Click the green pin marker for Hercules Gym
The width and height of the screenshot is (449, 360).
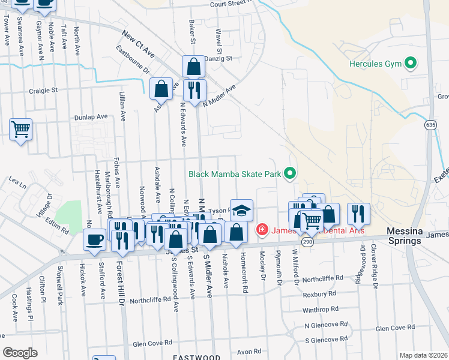(x=411, y=63)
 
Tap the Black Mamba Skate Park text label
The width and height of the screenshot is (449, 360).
(x=235, y=174)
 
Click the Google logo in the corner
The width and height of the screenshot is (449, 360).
(x=20, y=352)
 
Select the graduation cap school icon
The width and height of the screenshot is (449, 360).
(x=241, y=210)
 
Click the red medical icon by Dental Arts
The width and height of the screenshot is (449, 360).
(x=262, y=229)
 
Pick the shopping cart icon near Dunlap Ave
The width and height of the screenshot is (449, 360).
(x=20, y=128)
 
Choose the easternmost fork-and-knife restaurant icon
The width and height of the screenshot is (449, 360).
(x=358, y=212)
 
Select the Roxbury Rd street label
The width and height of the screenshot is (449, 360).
(x=319, y=295)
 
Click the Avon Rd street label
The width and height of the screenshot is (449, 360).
(x=249, y=352)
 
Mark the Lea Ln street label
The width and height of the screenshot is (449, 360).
(x=18, y=179)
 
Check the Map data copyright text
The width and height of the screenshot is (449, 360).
(x=423, y=355)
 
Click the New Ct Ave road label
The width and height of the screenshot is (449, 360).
(x=139, y=45)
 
